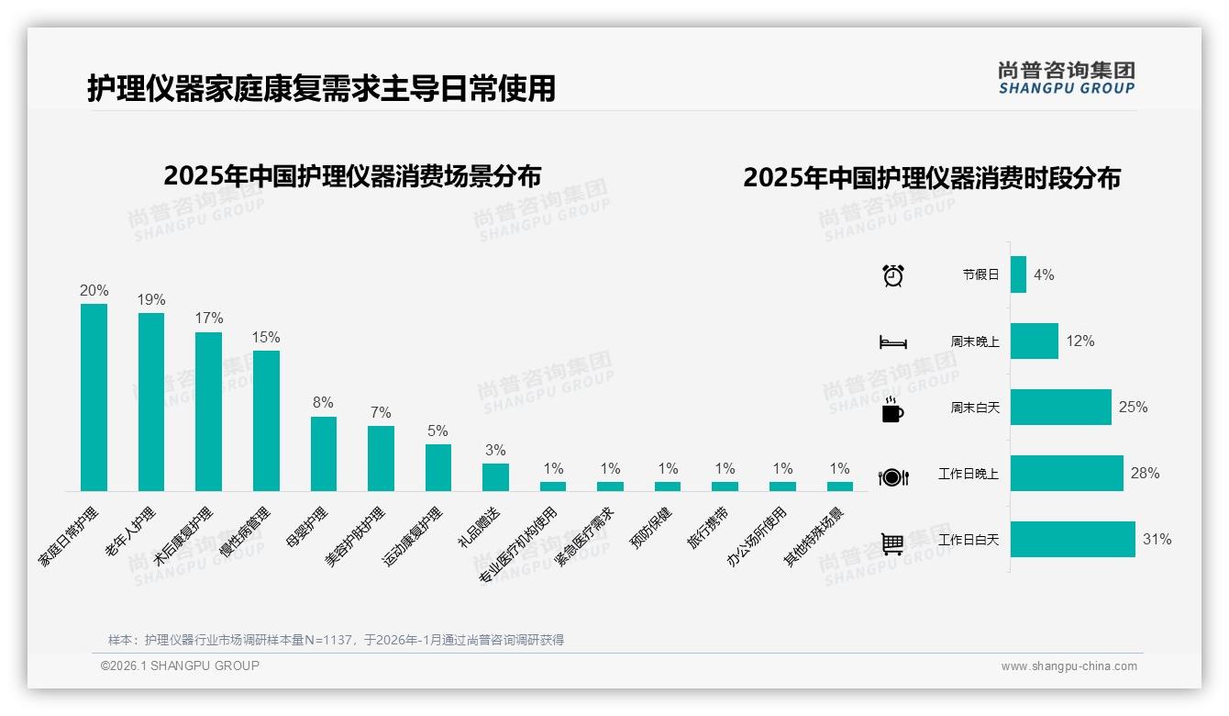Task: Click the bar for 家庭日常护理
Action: coord(94,397)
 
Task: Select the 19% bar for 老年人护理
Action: coord(151,401)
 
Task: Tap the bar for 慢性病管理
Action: coord(266,420)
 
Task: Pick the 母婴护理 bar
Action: coord(324,453)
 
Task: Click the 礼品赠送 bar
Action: coord(495,476)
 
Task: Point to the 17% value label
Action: coord(209,319)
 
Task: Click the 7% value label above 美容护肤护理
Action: coord(381,412)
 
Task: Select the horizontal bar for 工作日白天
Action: coord(1072,540)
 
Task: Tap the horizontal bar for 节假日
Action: coord(1018,274)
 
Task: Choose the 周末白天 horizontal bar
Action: coord(1060,407)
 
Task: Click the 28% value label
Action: coord(1145,474)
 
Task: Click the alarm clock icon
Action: coord(892,274)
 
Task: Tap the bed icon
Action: coord(892,342)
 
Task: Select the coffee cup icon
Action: coord(891,409)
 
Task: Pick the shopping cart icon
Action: coord(892,543)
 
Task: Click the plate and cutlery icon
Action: coord(892,476)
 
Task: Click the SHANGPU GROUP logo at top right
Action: coord(1066,78)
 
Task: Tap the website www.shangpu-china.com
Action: coord(1068,666)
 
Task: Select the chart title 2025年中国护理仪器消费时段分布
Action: coord(932,178)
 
